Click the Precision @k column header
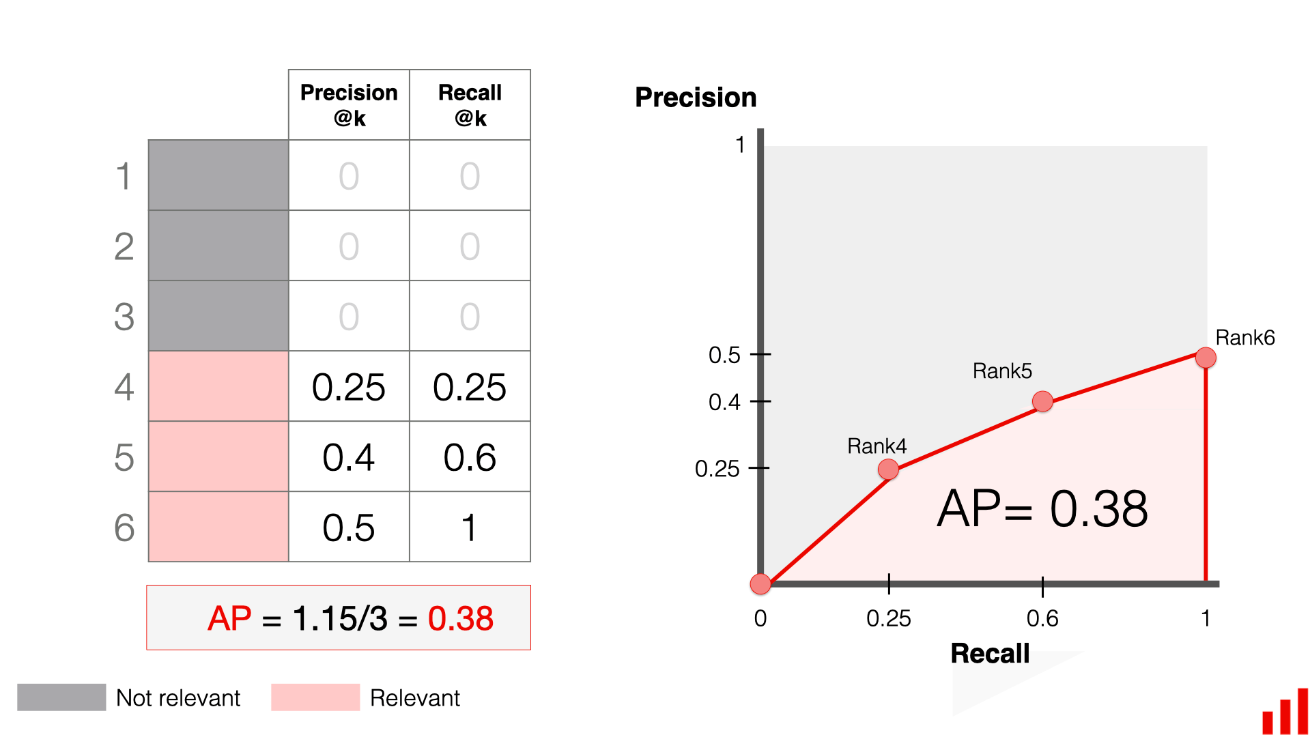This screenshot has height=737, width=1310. [349, 105]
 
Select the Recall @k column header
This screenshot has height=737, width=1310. [470, 105]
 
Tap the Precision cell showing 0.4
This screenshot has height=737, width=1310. [349, 457]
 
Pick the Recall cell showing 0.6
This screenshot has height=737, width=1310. [470, 457]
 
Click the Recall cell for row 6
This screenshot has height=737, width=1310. [470, 527]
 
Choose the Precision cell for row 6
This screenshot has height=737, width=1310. [349, 527]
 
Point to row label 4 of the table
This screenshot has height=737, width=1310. [124, 386]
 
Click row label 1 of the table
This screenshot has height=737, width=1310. [124, 176]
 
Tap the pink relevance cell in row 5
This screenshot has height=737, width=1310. [218, 457]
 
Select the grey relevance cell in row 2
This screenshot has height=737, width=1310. [218, 246]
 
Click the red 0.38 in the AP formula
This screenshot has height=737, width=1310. [460, 618]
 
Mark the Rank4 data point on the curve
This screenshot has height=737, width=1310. [888, 469]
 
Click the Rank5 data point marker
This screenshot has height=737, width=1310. [1042, 401]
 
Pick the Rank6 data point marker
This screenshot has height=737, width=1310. [1206, 358]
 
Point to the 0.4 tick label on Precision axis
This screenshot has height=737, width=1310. [724, 402]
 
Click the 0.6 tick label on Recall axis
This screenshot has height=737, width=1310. [1042, 618]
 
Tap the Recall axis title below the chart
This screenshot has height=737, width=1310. [990, 653]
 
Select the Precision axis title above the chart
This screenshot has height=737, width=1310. [696, 98]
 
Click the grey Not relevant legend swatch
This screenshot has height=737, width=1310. [61, 697]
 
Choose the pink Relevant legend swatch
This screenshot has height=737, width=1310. [315, 697]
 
